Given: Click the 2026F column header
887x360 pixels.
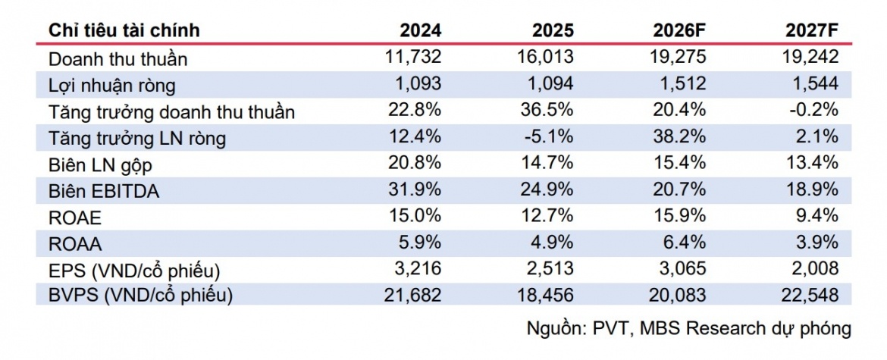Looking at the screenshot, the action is point(679,30).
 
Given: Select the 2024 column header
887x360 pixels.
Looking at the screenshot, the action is point(420,30).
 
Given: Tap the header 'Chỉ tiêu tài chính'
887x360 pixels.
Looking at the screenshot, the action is point(124,30).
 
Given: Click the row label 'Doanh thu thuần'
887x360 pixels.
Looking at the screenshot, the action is point(118,59).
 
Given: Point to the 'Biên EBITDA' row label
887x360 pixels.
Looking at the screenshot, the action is point(104,192).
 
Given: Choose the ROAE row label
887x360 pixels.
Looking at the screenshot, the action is point(74,218).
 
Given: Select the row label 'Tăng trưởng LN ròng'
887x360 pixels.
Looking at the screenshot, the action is point(137,139).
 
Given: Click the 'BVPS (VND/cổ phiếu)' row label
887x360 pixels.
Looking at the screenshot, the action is point(140,296).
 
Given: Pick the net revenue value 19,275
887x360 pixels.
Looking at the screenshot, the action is point(677,57).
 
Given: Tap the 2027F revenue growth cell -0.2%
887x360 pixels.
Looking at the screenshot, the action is point(814,110).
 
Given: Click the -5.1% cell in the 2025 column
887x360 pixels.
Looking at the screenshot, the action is point(550,136).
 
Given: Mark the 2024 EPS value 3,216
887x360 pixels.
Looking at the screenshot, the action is point(417,270).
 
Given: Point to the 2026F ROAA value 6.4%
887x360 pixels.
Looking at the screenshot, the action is point(687,243).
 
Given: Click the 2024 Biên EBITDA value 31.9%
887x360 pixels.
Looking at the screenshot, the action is point(415,190).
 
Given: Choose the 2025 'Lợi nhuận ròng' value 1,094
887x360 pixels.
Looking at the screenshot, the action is point(550,83).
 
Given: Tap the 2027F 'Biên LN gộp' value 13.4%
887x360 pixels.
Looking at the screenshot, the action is point(812,164).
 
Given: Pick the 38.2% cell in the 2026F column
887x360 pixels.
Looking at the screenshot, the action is point(679,136).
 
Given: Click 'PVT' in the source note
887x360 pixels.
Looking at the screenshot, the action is point(613,328).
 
